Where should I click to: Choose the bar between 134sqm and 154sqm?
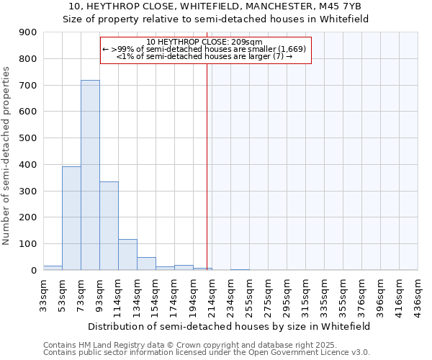coord(146,264)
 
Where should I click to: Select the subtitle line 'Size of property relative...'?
coord(215,19)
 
